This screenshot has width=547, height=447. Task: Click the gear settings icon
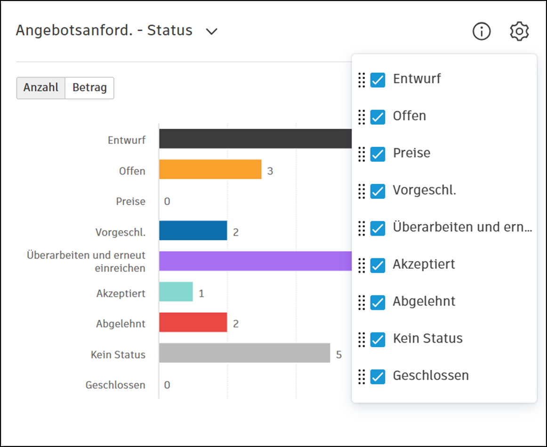[519, 32]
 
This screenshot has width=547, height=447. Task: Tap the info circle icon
[482, 32]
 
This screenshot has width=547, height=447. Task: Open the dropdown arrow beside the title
[212, 32]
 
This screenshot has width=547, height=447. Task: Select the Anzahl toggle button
[41, 88]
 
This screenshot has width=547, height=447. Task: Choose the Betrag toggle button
[89, 88]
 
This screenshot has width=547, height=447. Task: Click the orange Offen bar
[210, 169]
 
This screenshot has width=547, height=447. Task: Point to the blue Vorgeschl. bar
[193, 231]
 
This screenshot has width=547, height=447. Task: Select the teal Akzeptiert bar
[176, 292]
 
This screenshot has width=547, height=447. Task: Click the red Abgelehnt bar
[193, 322]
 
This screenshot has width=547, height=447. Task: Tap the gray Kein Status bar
[244, 353]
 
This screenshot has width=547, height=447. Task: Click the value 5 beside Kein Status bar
[339, 354]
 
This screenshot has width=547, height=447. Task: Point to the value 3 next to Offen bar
[270, 171]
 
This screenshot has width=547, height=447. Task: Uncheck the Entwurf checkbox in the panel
[378, 80]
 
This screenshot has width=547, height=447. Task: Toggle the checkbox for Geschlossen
[378, 376]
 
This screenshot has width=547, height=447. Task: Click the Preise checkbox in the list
[378, 154]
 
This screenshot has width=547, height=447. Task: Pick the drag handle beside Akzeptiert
[362, 265]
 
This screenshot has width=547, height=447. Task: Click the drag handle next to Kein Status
[362, 339]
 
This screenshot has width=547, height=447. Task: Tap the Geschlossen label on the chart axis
[115, 385]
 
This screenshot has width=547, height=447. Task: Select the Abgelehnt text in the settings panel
[424, 301]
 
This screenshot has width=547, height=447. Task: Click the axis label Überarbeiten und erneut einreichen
[86, 262]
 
